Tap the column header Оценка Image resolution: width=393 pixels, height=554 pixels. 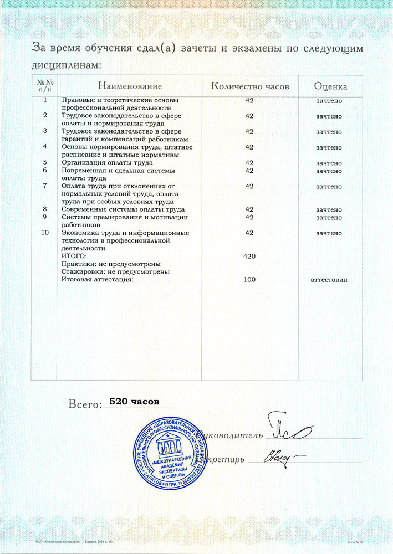coord(330,86)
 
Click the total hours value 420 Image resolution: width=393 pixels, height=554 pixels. coord(249,257)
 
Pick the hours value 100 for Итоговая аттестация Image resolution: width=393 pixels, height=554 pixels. coord(249,280)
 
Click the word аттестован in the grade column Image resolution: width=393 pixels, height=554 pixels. coord(329,280)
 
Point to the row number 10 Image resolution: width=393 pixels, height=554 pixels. coord(45,233)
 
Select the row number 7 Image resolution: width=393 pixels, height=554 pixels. coord(45,186)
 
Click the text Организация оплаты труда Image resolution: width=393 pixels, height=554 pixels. coord(109,163)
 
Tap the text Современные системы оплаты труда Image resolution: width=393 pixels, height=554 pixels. coord(123,209)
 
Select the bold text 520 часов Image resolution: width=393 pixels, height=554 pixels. coord(135,400)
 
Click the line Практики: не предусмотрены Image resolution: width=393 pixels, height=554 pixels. coord(111,264)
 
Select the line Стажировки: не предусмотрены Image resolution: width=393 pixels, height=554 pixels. coord(115,272)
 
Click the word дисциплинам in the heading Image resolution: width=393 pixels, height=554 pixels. coord(66,65)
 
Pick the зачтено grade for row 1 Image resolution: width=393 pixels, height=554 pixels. coord(329,101)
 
